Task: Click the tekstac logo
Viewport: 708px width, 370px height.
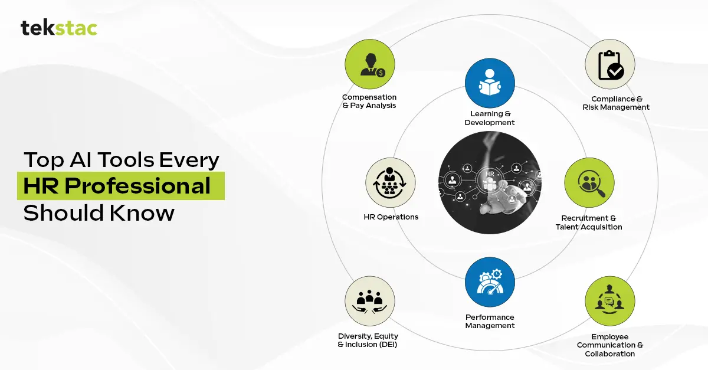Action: (59, 28)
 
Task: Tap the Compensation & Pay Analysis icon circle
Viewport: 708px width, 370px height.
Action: (370, 64)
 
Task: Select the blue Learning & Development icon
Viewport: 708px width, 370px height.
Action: (490, 83)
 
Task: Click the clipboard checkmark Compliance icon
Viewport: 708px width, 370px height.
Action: (610, 64)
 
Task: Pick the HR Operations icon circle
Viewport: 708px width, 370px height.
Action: (391, 183)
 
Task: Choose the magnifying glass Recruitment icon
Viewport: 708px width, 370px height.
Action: (589, 183)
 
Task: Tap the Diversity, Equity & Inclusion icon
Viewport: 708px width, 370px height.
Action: (370, 301)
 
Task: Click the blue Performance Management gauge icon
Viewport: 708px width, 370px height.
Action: (490, 282)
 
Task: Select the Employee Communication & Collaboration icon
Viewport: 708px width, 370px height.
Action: (610, 301)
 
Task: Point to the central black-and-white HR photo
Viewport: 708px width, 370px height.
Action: (490, 183)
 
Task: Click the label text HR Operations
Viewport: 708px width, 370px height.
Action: (391, 217)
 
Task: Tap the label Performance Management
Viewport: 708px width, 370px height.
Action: (490, 321)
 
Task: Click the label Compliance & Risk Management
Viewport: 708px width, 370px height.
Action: (616, 103)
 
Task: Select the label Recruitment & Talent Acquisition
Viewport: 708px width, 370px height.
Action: (589, 222)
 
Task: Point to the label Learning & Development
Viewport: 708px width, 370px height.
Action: (490, 118)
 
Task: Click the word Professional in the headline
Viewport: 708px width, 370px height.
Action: (137, 186)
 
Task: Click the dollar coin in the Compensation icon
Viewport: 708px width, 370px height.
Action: (381, 73)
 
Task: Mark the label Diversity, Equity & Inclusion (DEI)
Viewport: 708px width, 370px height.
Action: (368, 340)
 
